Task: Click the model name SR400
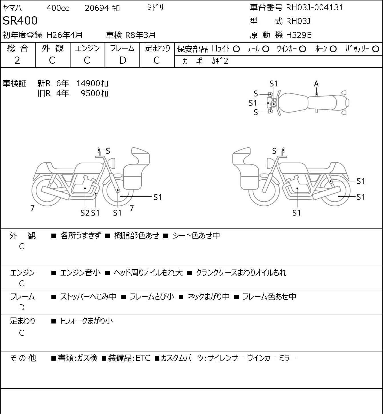point(20,21)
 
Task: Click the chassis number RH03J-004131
point(314,8)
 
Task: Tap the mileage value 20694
point(97,8)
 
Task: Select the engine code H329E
point(299,35)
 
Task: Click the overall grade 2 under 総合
point(17,61)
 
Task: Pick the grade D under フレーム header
point(123,61)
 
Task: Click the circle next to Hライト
point(236,49)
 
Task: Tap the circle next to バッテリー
point(376,49)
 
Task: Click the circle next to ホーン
point(333,49)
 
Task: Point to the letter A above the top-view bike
point(316,84)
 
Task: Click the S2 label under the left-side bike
point(85,213)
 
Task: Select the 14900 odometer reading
point(88,83)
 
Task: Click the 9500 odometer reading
point(90,93)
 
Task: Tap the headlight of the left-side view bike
point(112,163)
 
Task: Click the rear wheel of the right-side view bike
point(335,190)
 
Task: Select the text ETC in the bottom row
point(143,358)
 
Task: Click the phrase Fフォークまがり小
point(87,321)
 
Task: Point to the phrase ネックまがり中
point(208,296)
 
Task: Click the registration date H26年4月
point(65,35)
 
